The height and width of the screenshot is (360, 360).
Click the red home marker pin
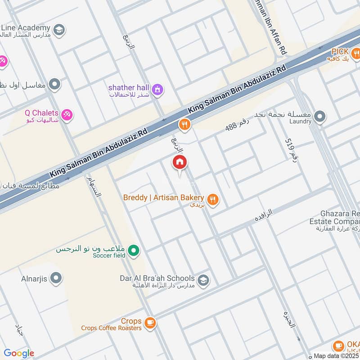tap(180, 162)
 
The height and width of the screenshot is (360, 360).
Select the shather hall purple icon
tap(157, 90)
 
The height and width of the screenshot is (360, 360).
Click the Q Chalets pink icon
tap(67, 116)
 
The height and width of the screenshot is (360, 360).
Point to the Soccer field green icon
tap(133, 252)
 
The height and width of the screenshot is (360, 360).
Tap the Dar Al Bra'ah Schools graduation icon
tap(203, 281)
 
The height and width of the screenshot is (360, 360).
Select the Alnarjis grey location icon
tap(56, 278)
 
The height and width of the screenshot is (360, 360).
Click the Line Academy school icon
tap(58, 31)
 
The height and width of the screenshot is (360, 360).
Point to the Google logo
tap(19, 353)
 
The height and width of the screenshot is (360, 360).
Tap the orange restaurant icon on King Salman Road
tap(184, 125)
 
